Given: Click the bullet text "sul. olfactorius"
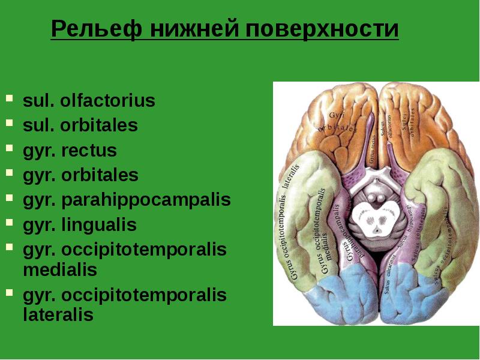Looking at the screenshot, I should (89, 101).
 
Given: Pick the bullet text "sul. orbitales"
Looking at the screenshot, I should (80, 125).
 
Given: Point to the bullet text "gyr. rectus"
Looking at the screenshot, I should (70, 151).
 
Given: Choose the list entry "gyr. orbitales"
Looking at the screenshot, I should (80, 176).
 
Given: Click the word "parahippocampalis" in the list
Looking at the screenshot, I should (145, 200).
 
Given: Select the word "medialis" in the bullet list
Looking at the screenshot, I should (60, 270).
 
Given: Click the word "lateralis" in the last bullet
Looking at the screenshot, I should (58, 315).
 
